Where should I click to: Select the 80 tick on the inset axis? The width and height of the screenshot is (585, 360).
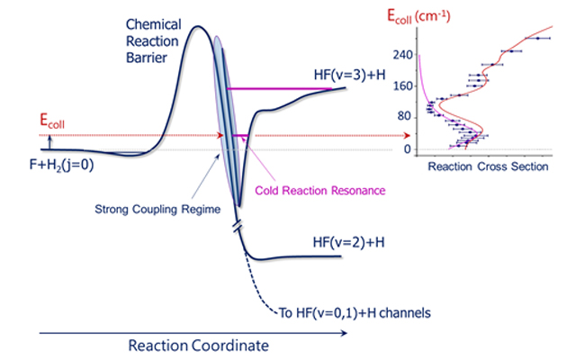point(405,117)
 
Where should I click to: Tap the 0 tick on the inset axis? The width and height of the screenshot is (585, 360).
point(408,148)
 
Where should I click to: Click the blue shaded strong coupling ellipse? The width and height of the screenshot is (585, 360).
point(226,117)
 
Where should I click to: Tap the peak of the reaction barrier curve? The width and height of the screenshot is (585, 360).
point(199,19)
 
